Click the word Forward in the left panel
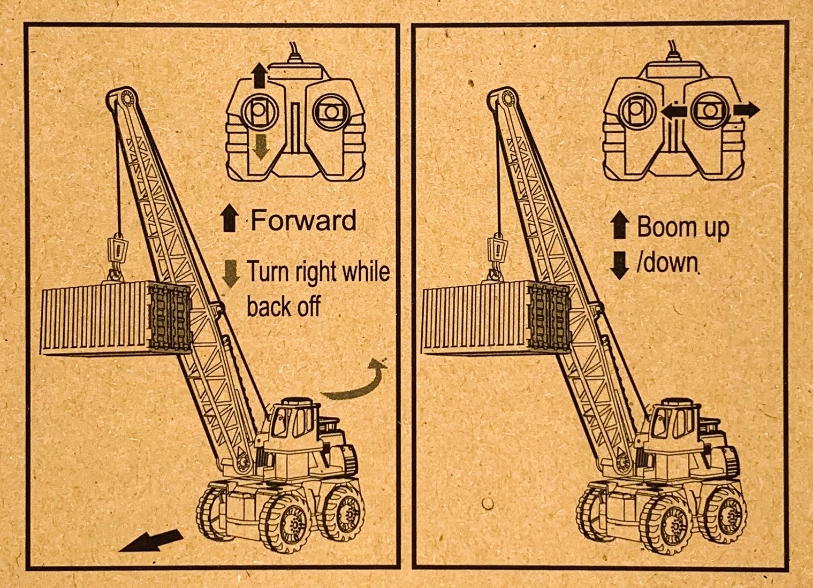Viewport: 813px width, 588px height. (303, 220)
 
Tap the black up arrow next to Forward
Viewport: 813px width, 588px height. (229, 220)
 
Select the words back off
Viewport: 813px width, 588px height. (283, 307)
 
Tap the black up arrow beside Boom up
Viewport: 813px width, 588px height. (619, 224)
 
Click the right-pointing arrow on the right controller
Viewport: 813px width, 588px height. (746, 110)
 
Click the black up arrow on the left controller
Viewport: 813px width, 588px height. (260, 75)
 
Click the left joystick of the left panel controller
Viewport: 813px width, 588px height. (260, 112)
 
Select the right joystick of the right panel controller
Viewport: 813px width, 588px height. (710, 110)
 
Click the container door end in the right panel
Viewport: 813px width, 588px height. (548, 317)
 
